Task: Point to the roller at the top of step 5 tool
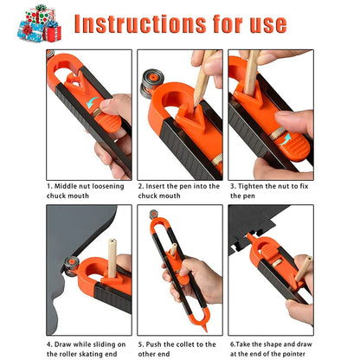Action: click(x=155, y=215)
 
